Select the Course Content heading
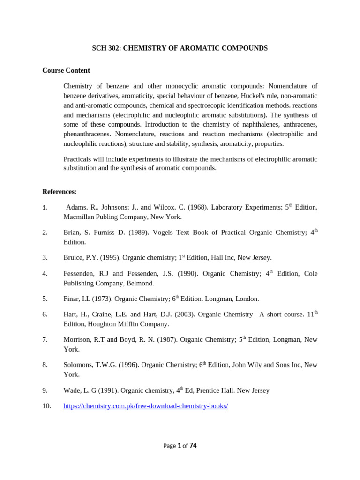[x=66, y=70]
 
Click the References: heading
[x=60, y=191]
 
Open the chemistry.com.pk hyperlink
[x=146, y=406]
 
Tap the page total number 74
[x=193, y=446]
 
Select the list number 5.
[x=45, y=299]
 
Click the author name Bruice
[x=74, y=258]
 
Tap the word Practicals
[x=79, y=159]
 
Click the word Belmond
[x=141, y=283]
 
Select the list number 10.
[x=46, y=406]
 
